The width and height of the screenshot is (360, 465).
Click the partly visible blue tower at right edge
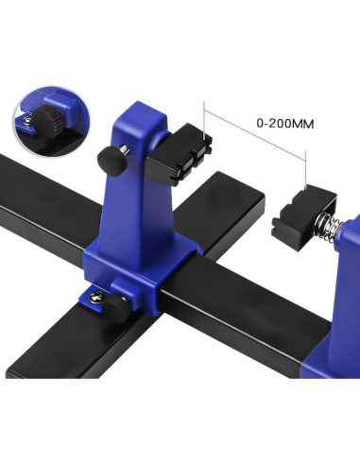344,284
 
